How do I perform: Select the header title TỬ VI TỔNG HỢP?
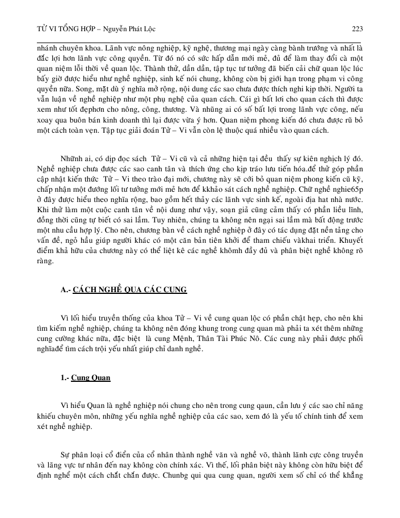tap(56, 28)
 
